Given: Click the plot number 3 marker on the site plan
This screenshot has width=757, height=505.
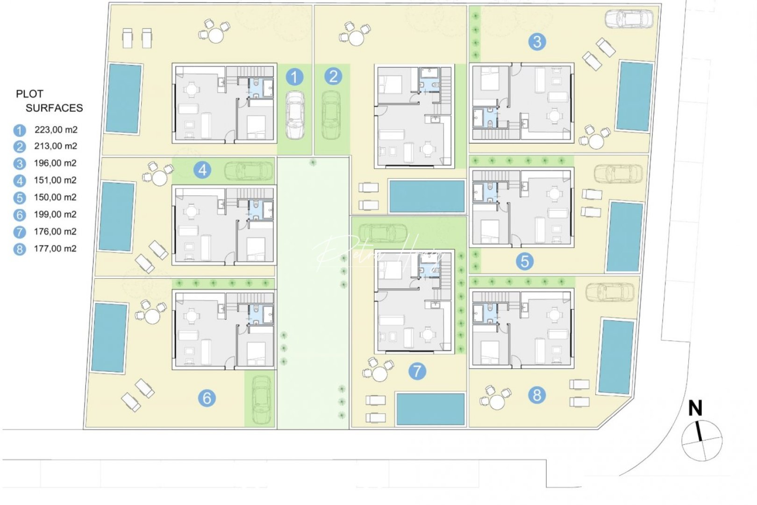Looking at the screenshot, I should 537,42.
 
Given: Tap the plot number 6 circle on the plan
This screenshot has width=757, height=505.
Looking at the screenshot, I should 207,398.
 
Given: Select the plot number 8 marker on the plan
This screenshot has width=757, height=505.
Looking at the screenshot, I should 537,395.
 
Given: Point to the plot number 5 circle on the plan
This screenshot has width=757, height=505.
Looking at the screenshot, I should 525,261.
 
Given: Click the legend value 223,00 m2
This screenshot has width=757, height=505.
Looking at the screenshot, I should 56,130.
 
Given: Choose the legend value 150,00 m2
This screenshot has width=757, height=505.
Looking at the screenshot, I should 55,197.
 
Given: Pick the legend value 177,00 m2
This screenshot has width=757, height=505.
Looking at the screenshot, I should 55,249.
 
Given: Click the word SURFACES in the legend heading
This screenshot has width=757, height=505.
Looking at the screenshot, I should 54,108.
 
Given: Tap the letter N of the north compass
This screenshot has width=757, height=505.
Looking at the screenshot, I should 695,408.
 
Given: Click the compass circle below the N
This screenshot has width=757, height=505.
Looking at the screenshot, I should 702,440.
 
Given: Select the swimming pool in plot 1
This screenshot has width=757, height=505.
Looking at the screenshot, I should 123,98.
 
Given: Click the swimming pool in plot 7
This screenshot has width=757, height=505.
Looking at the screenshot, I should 430,409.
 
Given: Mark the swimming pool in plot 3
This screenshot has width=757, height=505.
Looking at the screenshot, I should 634,96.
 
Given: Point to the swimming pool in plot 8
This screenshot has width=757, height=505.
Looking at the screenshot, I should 616,356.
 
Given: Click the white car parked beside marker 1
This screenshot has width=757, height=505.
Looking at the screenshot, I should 295,115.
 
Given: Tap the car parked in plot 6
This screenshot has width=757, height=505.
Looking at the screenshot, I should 261,400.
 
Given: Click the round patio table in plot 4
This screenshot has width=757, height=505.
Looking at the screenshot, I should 159,178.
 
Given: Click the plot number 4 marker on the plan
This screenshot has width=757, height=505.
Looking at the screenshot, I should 202,170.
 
